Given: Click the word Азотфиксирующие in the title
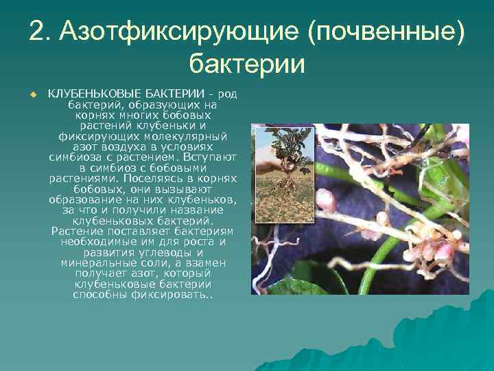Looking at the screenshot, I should click(178, 31).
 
